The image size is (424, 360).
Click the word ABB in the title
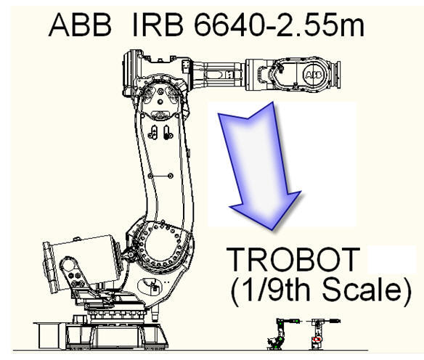pos(80,25)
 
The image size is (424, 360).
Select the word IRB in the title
pos(157,25)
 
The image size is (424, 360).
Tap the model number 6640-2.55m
pos(279,25)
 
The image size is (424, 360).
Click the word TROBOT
pos(293,259)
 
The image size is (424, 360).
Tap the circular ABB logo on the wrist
pos(314,74)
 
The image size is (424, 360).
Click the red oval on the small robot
pos(317,339)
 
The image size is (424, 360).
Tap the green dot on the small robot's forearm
pos(298,321)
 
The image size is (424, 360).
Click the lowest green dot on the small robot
pos(276,346)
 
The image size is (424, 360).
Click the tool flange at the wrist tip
pos(338,75)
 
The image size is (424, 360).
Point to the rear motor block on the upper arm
pos(131,73)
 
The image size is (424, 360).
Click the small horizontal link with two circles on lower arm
pos(160,176)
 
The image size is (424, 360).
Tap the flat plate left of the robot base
pos(49,335)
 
